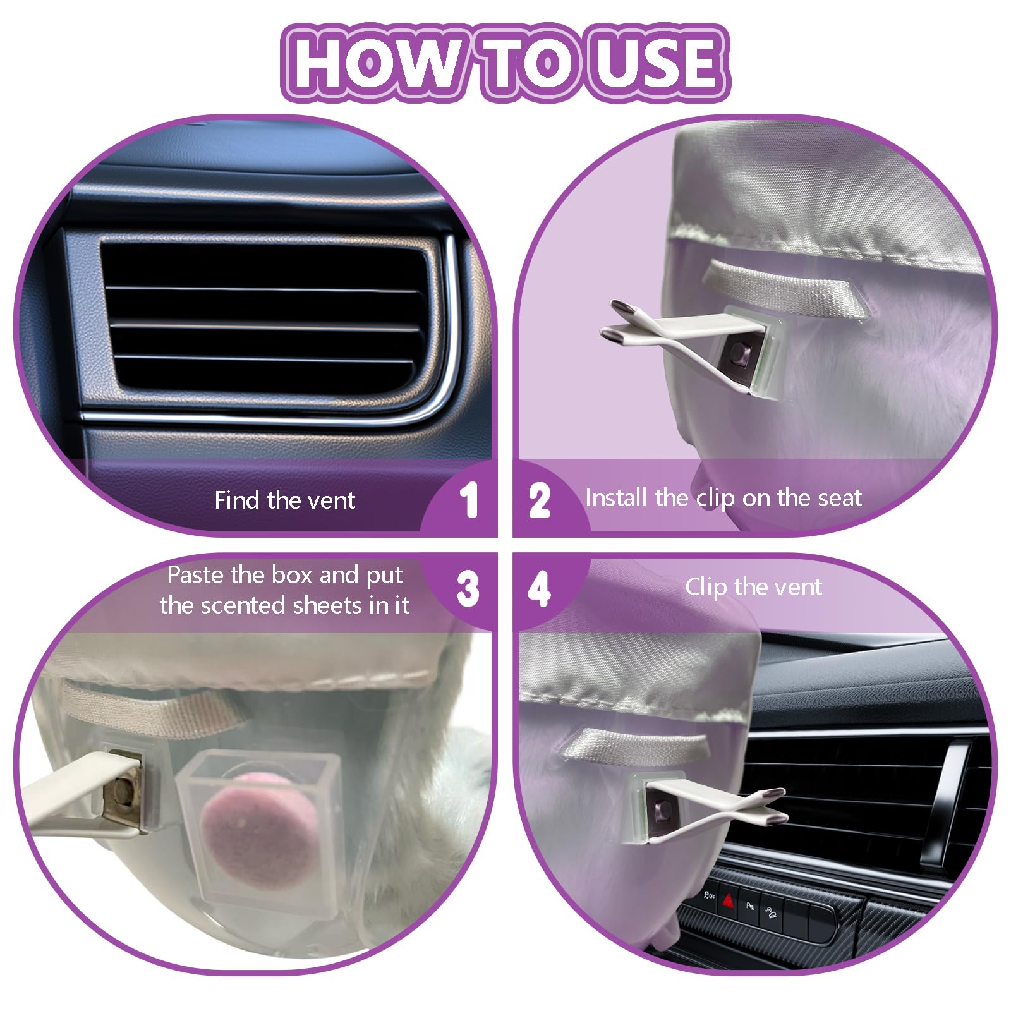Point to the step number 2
tap(540, 501)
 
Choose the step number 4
tap(540, 590)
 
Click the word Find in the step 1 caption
tap(238, 500)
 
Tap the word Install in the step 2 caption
tap(617, 498)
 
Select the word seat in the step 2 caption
tap(838, 499)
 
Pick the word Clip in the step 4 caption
tap(706, 588)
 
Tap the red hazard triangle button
tap(729, 899)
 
